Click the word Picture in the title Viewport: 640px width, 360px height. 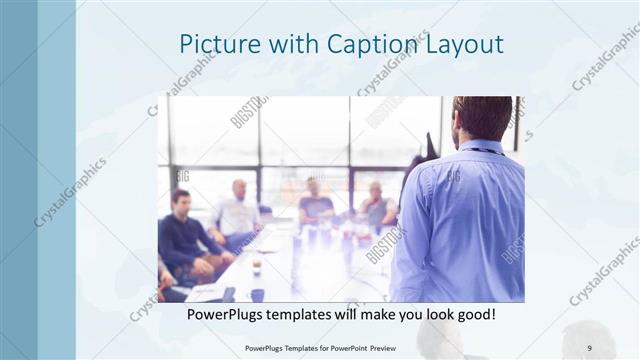212,44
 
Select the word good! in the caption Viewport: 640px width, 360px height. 473,315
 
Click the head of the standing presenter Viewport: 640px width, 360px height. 482,117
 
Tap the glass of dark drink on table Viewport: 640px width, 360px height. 257,266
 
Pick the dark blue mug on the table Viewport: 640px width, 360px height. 257,295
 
